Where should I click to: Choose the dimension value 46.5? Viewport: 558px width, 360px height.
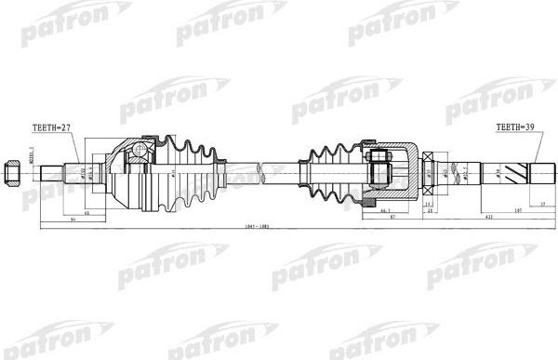click(360, 211)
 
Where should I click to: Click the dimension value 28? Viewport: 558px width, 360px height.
click(430, 211)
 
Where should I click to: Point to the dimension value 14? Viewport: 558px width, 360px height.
click(427, 202)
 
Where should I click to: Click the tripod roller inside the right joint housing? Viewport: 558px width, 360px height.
click(380, 172)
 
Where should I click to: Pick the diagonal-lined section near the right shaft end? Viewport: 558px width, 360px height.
click(538, 173)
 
